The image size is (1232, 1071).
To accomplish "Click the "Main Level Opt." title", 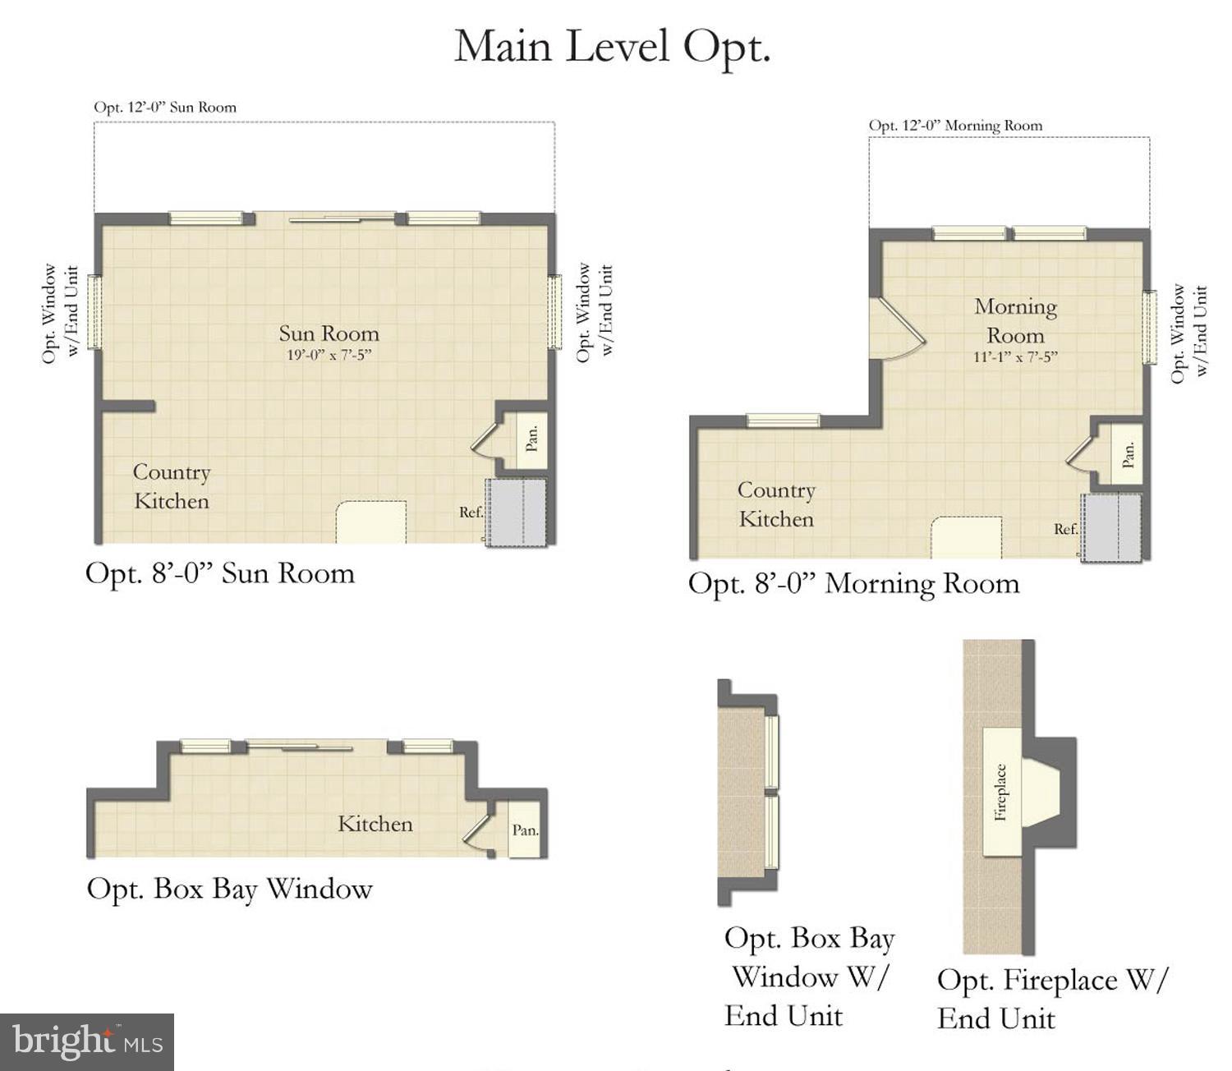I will click(x=612, y=46).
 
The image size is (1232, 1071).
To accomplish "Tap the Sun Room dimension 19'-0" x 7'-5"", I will click(x=329, y=356).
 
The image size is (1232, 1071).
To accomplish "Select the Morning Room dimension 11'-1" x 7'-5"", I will click(x=1015, y=357).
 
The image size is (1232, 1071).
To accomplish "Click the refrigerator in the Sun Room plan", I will click(x=516, y=513).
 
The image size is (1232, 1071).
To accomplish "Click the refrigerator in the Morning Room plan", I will click(x=1111, y=528).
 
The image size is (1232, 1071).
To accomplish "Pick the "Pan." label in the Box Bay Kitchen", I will click(x=525, y=830).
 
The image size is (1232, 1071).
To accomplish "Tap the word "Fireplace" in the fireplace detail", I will click(x=1000, y=792).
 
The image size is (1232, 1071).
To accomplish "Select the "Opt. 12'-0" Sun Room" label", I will click(x=165, y=108).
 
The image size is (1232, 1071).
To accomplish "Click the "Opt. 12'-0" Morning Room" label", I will click(x=955, y=126).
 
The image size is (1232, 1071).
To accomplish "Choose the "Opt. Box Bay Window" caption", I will click(x=229, y=889).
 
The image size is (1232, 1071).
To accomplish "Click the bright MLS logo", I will click(x=87, y=1041).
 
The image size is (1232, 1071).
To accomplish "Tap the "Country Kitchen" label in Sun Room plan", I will click(x=172, y=486).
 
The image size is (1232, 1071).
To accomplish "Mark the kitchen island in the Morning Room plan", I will click(x=966, y=538).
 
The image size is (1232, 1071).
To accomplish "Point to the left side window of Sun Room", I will click(x=94, y=312).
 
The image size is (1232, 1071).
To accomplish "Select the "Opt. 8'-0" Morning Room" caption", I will click(x=853, y=583).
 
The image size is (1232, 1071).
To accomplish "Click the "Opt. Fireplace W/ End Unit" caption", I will click(x=1051, y=999).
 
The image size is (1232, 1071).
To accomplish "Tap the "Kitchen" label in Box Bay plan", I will click(x=375, y=824).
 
